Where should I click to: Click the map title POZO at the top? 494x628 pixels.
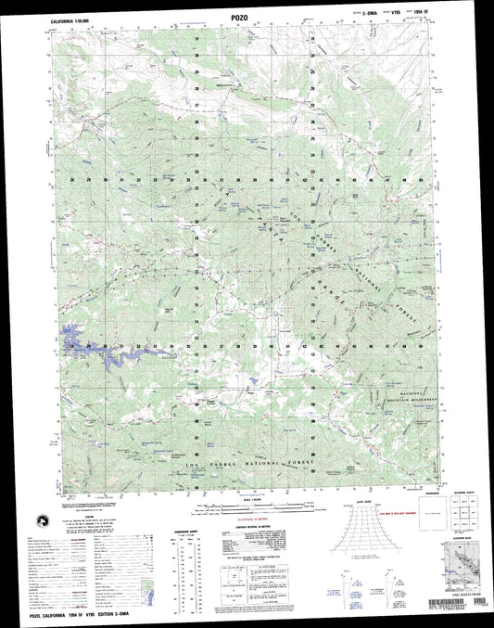246,16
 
